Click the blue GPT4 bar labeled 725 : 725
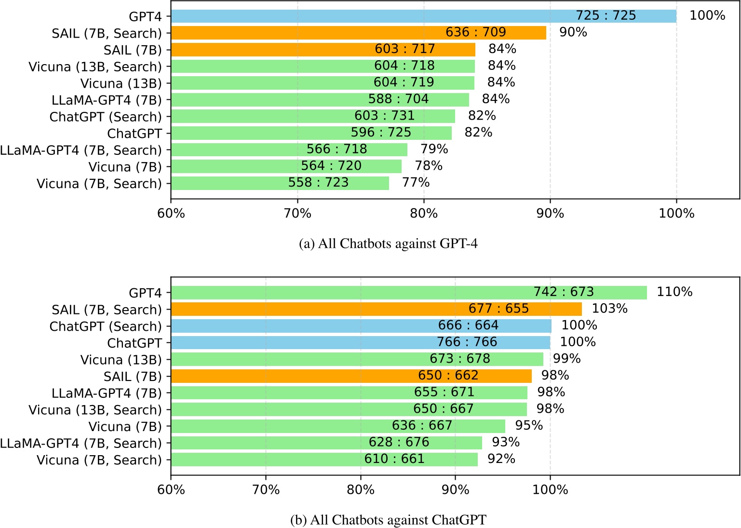[423, 16]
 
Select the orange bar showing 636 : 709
[358, 33]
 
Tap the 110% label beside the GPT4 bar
[674, 292]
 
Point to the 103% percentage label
[609, 309]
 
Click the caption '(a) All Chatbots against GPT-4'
[388, 244]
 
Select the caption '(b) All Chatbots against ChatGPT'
[388, 520]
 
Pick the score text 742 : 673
[563, 292]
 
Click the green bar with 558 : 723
[280, 183]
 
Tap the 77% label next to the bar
[416, 183]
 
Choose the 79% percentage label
[434, 149]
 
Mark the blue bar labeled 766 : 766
[360, 342]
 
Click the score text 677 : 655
[498, 309]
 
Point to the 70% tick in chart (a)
[297, 213]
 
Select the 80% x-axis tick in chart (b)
[361, 490]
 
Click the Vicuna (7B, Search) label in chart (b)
[99, 460]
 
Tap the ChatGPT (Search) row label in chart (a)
[106, 117]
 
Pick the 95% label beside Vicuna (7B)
[529, 426]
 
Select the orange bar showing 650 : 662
[351, 376]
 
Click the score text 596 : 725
[381, 133]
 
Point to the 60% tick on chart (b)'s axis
[171, 490]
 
